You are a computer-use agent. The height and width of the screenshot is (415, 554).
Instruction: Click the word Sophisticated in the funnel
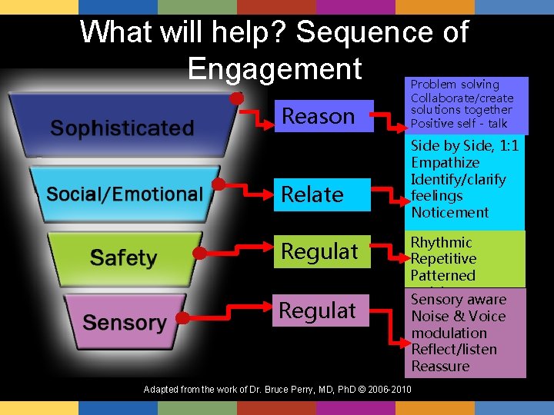122,128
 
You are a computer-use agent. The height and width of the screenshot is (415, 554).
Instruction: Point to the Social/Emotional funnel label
124,194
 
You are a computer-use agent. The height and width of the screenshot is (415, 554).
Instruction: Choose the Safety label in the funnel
123,257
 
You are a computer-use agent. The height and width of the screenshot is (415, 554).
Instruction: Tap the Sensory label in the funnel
124,322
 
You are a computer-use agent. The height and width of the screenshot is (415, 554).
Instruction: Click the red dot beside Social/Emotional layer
219,184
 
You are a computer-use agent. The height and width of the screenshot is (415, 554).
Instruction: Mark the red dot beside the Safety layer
199,252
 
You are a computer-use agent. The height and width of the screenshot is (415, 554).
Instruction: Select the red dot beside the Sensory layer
182,317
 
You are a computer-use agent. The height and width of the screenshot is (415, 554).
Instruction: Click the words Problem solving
455,85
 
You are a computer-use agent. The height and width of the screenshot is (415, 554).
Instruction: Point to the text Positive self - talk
459,124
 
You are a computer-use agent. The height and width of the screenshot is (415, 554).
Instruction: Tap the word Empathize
445,163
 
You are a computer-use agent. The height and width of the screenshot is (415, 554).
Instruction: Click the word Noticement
450,212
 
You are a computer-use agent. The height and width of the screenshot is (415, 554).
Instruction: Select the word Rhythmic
441,243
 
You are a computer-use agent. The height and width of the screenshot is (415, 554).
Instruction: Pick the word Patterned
442,275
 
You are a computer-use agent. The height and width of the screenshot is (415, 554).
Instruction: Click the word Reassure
440,366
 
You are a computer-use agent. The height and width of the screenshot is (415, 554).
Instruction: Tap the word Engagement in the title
274,68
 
